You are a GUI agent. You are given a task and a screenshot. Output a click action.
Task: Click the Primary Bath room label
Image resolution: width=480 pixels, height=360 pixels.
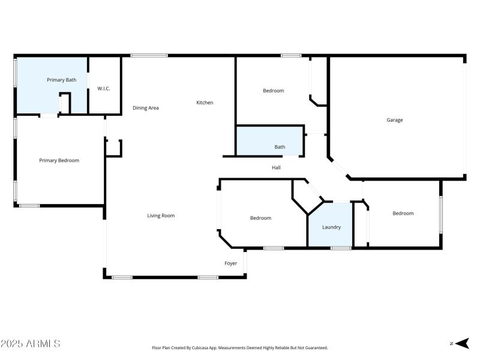[x=62, y=80]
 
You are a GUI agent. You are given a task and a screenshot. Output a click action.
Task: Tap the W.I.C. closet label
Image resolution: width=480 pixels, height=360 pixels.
[x=104, y=89]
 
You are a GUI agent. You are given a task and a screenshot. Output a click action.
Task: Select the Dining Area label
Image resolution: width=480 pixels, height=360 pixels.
[x=146, y=108]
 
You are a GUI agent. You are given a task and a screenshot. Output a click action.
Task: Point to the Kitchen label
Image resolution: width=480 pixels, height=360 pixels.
[x=205, y=103]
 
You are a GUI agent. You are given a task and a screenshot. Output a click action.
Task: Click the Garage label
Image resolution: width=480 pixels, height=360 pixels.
[x=395, y=120]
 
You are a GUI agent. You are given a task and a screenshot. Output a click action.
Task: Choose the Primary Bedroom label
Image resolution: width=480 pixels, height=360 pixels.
[x=59, y=160]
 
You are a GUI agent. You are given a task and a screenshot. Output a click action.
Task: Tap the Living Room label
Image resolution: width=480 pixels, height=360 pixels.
[x=161, y=215]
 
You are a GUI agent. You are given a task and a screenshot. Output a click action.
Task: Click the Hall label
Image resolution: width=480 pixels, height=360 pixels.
[x=276, y=167]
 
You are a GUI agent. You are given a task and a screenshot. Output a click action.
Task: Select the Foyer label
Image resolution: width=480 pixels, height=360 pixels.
[x=231, y=263]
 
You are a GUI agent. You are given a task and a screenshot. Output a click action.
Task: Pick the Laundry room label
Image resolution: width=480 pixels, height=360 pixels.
[x=331, y=227]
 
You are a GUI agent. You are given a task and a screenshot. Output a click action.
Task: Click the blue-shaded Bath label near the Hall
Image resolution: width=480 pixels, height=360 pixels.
[x=280, y=147]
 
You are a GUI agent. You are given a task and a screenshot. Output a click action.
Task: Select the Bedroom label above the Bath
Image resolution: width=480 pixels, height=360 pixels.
[x=274, y=91]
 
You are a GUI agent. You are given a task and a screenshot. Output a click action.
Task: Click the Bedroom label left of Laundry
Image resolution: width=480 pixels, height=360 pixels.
[x=260, y=218]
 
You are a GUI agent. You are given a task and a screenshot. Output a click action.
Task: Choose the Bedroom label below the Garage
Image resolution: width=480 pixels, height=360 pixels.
[x=403, y=213]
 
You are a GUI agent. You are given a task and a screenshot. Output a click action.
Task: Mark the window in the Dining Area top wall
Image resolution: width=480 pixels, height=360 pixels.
[x=149, y=56]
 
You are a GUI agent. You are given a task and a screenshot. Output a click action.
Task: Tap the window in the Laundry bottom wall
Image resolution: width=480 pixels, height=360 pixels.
[x=341, y=248]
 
